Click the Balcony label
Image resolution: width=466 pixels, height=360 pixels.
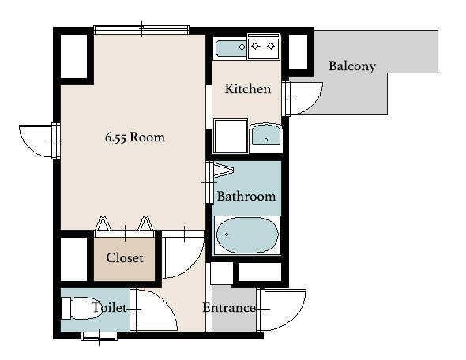(352, 66)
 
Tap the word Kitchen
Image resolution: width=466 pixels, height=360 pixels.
(247, 88)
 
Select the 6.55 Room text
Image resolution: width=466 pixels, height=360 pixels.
(134, 137)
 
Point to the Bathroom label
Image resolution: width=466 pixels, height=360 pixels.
(246, 197)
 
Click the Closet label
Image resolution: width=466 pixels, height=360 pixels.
(125, 258)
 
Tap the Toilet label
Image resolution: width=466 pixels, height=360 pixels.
(109, 307)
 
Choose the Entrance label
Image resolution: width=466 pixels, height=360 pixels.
(229, 308)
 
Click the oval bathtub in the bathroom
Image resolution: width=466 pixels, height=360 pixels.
(247, 235)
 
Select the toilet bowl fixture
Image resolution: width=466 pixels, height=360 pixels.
(81, 308)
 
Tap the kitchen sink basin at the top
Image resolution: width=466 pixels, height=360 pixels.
(231, 47)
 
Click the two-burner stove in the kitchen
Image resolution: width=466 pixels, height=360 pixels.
(263, 47)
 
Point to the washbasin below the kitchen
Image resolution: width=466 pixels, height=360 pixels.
(266, 135)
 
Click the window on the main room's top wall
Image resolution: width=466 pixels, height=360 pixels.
(141, 30)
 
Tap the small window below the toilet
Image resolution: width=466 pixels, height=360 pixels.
(99, 336)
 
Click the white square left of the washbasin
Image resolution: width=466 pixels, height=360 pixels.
(231, 136)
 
